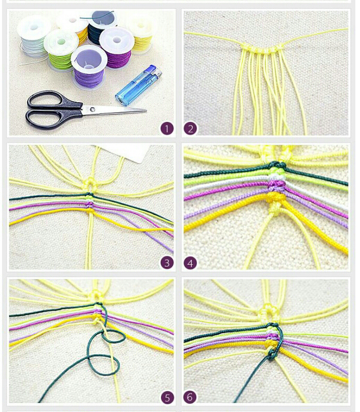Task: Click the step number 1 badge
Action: (x=167, y=129)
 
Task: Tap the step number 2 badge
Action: (x=190, y=129)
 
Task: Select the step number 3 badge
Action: (x=167, y=263)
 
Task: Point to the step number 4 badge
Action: (x=190, y=263)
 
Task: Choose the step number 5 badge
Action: (x=167, y=397)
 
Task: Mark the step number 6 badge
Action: (x=190, y=397)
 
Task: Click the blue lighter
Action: (x=138, y=86)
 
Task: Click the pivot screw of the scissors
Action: (x=92, y=109)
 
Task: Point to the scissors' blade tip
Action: (x=145, y=111)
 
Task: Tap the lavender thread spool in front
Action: (x=89, y=67)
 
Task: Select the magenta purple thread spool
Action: (x=116, y=49)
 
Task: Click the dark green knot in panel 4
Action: (x=277, y=166)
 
